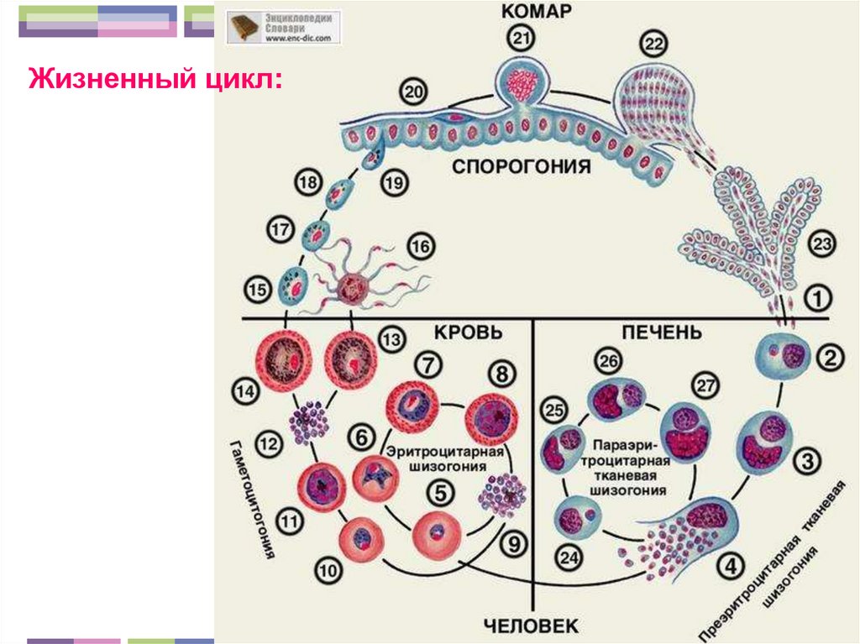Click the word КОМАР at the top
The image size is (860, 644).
pyautogui.click(x=537, y=11)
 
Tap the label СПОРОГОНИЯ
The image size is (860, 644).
pyautogui.click(x=522, y=166)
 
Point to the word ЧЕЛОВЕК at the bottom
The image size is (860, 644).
pyautogui.click(x=531, y=625)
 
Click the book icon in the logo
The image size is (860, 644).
pyautogui.click(x=244, y=26)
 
